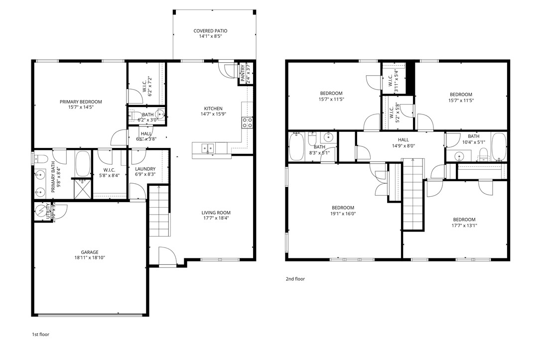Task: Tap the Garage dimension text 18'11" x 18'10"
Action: tap(90, 258)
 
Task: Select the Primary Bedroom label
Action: tap(77, 102)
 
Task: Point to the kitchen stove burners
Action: tap(247, 122)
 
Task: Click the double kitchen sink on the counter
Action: tap(208, 148)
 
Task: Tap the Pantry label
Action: tap(243, 73)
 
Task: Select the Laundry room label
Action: tap(145, 169)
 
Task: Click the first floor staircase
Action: tap(159, 212)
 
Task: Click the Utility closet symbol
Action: tap(40, 212)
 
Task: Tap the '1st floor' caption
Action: tap(40, 335)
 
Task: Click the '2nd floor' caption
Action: tap(295, 279)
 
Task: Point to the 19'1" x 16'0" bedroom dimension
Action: tap(343, 214)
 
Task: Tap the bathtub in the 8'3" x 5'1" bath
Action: tap(297, 147)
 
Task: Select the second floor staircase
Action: tap(412, 194)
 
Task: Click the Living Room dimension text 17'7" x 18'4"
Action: tap(216, 218)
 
